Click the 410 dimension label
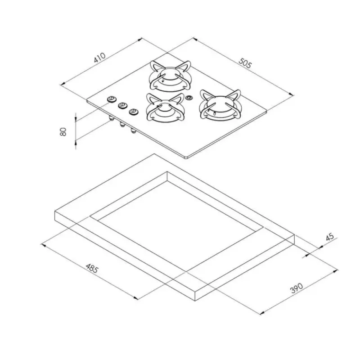coord(100,58)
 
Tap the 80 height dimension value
coord(63,131)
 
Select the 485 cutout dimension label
coord(92,268)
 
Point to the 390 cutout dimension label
coord(297,288)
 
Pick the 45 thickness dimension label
coord(330,237)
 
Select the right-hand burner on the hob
coord(220,105)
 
